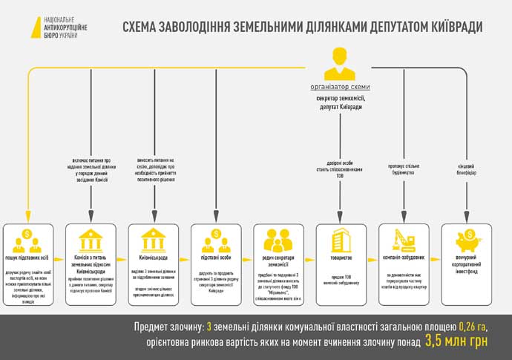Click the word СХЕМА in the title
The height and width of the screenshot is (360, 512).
(x=145, y=27)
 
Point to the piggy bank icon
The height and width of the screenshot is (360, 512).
(x=467, y=239)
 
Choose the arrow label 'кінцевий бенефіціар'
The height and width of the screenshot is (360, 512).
(x=467, y=169)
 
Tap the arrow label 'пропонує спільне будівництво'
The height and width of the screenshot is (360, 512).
(x=404, y=169)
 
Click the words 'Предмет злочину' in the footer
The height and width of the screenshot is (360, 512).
(x=168, y=327)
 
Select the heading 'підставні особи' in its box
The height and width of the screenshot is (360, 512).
(x=215, y=258)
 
